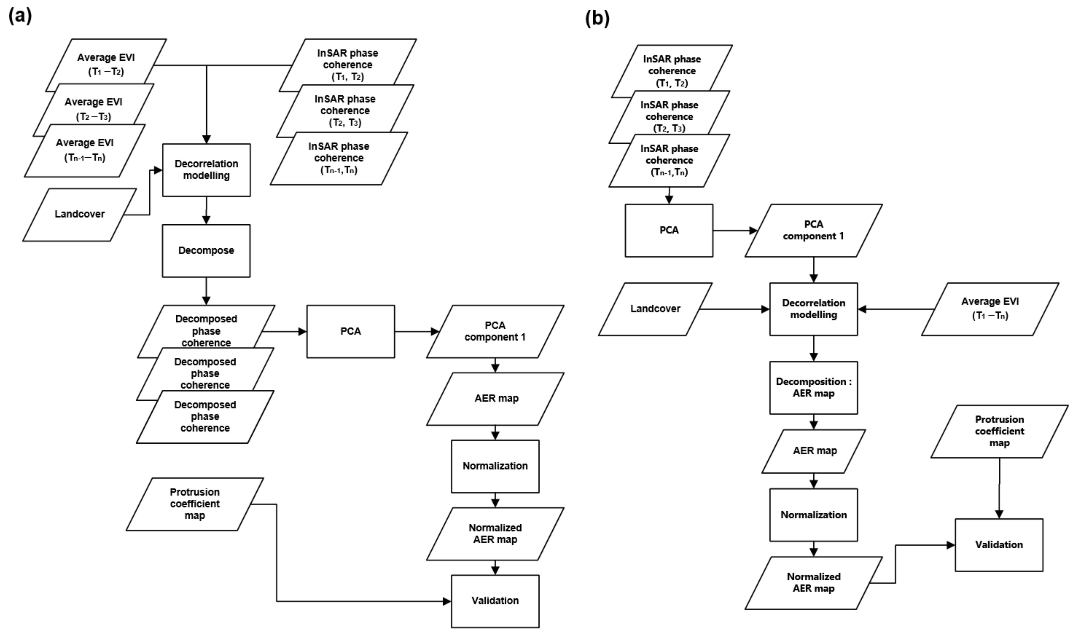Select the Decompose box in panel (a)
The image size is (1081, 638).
206,251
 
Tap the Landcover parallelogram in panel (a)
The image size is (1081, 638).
80,215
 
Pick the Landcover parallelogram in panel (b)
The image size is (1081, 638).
655,309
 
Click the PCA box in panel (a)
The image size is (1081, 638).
350,331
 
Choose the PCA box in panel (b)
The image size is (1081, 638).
669,230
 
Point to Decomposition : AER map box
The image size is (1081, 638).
813,387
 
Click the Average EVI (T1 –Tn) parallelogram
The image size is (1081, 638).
990,309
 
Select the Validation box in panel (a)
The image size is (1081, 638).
495,601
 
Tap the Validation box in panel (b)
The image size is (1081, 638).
999,545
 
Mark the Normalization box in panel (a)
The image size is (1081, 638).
495,466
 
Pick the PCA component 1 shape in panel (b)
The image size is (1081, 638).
813,230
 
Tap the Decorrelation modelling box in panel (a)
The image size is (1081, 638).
206,170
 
